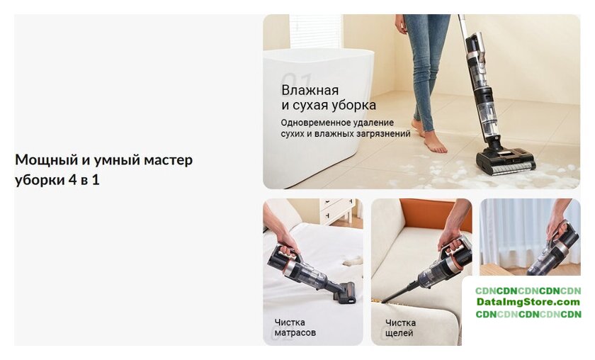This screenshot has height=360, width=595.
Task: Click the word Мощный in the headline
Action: tap(46, 160)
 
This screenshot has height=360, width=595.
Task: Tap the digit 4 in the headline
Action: tap(72, 179)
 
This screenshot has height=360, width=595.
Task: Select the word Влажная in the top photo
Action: tap(310, 91)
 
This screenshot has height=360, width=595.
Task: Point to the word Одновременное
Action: tap(316, 123)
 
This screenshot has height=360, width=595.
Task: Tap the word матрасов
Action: tap(295, 332)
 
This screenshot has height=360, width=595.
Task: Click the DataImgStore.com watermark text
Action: tap(528, 303)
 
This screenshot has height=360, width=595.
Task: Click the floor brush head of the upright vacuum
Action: tap(506, 162)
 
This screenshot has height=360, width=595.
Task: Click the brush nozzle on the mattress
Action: tap(344, 293)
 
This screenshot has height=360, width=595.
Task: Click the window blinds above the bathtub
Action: tap(316, 31)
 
